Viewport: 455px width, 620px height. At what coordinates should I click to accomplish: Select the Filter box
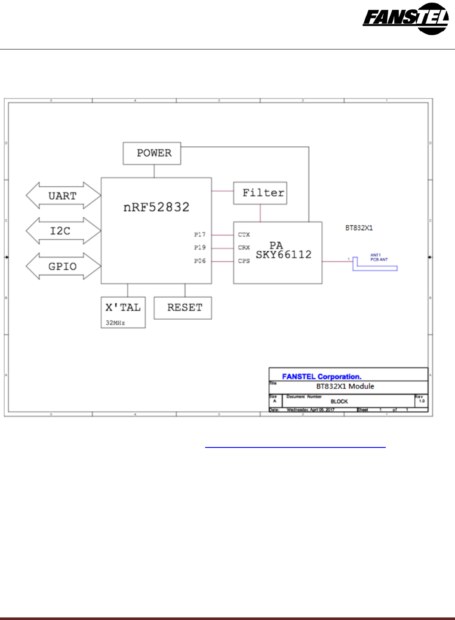pyautogui.click(x=260, y=193)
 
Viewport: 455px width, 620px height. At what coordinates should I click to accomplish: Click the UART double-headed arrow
pyautogui.click(x=63, y=196)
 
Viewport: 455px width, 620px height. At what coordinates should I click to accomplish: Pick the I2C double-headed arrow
pyautogui.click(x=63, y=231)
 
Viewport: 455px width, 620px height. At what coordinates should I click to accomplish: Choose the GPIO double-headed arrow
pyautogui.click(x=63, y=266)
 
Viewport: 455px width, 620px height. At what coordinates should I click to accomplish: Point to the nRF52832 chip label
pyautogui.click(x=156, y=207)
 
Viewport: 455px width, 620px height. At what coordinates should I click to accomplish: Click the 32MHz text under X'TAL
pyautogui.click(x=115, y=323)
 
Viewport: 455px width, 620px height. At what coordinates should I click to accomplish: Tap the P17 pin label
pyautogui.click(x=200, y=234)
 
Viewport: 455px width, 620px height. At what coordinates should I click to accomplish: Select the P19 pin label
pyautogui.click(x=200, y=247)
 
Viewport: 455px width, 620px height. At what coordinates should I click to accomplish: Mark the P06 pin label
pyautogui.click(x=200, y=261)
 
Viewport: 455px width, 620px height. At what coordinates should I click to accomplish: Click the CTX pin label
pyautogui.click(x=244, y=234)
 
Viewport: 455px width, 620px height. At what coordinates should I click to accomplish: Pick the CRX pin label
pyautogui.click(x=244, y=247)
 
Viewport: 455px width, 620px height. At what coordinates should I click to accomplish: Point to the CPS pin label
pyautogui.click(x=244, y=261)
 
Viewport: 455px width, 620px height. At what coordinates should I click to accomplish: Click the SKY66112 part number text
pyautogui.click(x=283, y=255)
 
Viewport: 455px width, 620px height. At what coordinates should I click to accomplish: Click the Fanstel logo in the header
pyautogui.click(x=406, y=19)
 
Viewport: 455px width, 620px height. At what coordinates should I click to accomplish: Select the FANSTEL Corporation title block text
pyautogui.click(x=322, y=376)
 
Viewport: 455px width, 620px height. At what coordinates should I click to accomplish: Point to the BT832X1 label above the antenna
pyautogui.click(x=359, y=228)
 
